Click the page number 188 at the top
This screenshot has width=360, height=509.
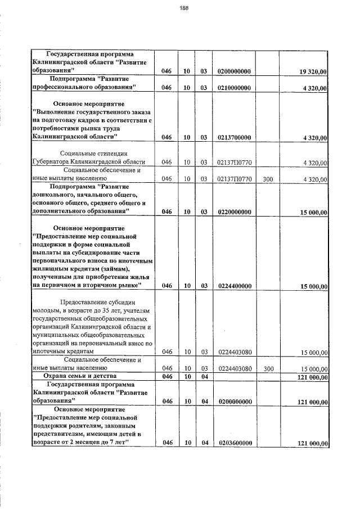point(183,8)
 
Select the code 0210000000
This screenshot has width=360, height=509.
point(234,88)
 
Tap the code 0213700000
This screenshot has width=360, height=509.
point(234,137)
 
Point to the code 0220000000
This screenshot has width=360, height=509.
point(234,211)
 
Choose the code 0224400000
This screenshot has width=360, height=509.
point(234,286)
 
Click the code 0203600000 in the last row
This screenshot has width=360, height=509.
point(234,444)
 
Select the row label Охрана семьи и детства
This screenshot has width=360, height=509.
point(84,375)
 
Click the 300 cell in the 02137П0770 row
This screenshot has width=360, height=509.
point(268,179)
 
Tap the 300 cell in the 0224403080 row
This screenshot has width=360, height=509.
point(268,369)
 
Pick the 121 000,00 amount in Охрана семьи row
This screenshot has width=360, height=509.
point(312,377)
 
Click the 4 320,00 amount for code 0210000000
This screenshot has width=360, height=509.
point(314,88)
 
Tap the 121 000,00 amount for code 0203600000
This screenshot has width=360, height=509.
point(312,444)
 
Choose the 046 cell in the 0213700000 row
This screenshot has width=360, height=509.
point(166,137)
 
